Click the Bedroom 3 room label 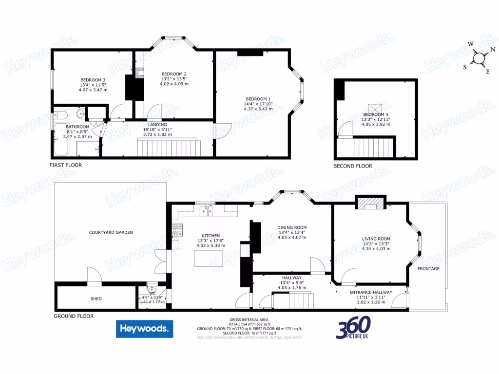tap(93, 80)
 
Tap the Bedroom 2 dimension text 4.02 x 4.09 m tap(174, 84)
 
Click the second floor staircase tap(374, 147)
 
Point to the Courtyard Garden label tap(111, 232)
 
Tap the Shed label tap(96, 299)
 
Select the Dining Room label tap(292, 227)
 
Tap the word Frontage tap(428, 269)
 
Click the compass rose tap(480, 58)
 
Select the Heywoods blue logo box tap(144, 329)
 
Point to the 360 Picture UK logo tap(353, 328)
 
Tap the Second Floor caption tap(352, 166)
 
